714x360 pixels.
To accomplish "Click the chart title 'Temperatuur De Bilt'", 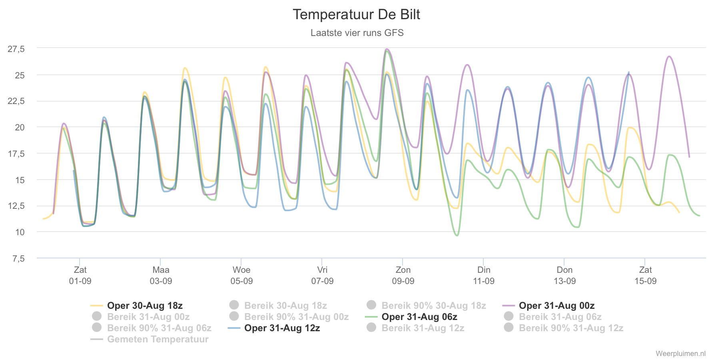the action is tap(356, 14).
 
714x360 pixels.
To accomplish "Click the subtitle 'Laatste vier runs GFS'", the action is tap(357, 33).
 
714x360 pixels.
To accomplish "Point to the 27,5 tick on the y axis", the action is tap(16, 49).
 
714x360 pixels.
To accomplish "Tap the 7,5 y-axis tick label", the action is tap(18, 259).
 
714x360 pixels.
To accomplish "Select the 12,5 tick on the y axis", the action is tap(16, 206).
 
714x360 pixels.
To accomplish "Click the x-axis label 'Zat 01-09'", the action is tap(80, 275).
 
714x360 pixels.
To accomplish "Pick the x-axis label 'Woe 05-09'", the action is tap(241, 275).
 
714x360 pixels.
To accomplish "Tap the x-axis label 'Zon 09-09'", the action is tap(403, 275).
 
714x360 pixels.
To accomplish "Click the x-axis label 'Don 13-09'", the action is tap(564, 275).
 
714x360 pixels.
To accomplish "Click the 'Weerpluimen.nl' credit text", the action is tap(680, 354).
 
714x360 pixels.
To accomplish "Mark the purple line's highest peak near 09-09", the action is tap(387, 49).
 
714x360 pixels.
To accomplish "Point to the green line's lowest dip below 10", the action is tap(457, 236).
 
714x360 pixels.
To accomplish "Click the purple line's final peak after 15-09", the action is tap(669, 56).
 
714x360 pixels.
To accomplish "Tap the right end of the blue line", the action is tap(629, 72).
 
